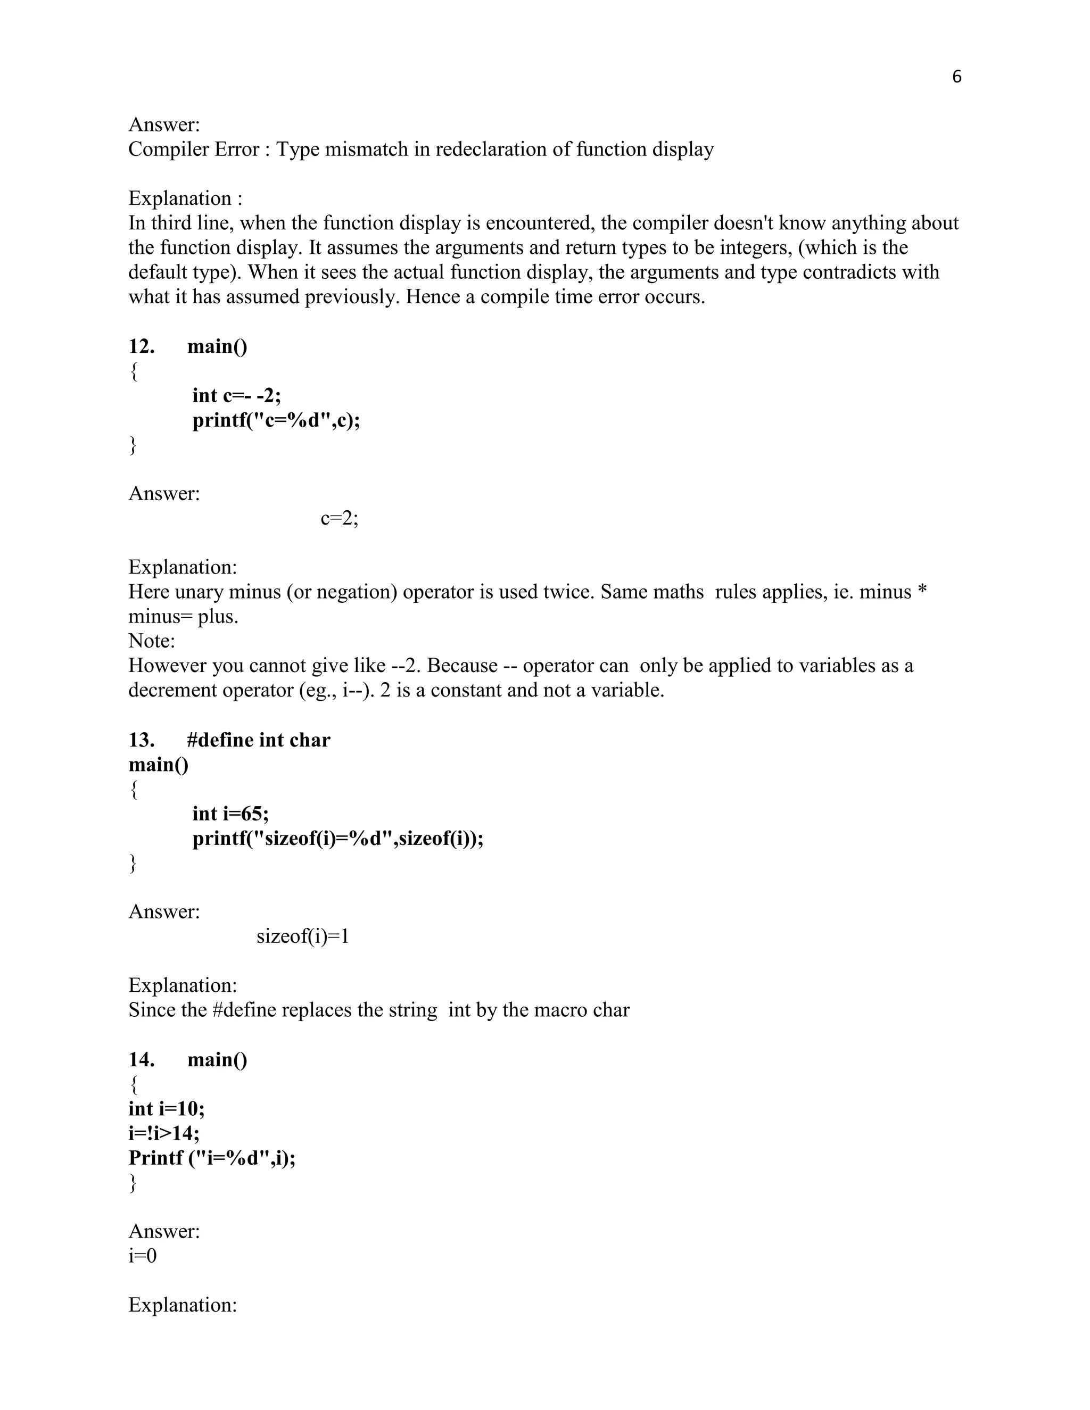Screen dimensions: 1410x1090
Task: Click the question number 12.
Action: coord(142,347)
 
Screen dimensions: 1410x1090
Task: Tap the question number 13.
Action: coord(142,740)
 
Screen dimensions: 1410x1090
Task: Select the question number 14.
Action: coord(142,1059)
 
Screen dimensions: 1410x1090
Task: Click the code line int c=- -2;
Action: coord(236,395)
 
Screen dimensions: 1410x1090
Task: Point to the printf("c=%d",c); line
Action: coord(276,420)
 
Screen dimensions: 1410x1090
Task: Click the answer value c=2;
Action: coord(339,518)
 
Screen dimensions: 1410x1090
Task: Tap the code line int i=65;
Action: coord(230,814)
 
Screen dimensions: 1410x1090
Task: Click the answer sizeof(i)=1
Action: coord(303,936)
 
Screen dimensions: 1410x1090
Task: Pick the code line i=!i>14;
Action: coord(164,1133)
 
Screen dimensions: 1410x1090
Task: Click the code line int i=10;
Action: coord(167,1108)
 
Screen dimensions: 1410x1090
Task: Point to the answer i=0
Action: coord(143,1256)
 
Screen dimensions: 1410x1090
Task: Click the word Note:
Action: coord(152,641)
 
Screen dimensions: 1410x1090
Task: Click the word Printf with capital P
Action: coord(155,1158)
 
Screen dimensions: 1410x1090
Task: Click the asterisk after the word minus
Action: coord(922,590)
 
